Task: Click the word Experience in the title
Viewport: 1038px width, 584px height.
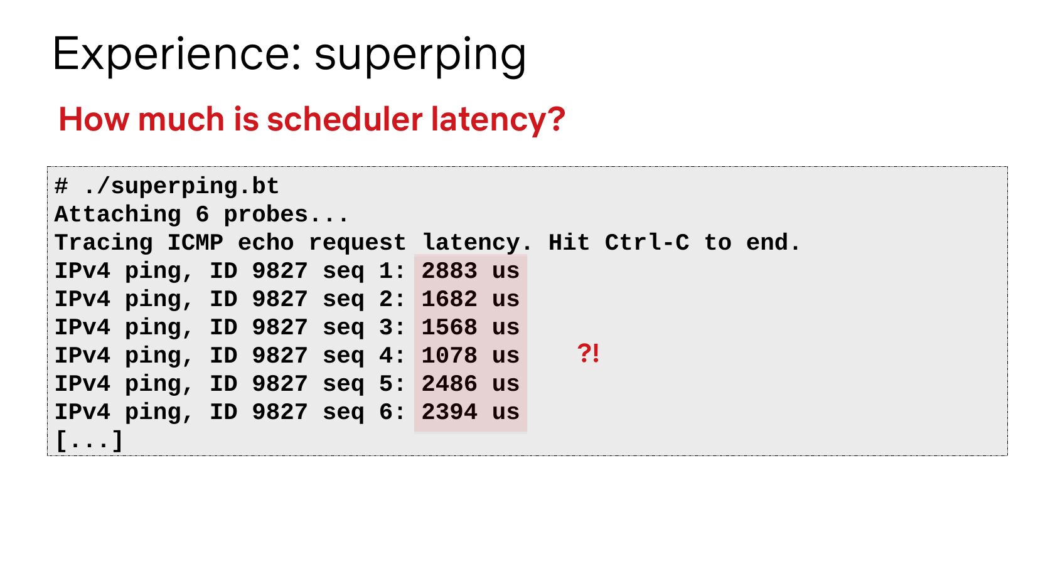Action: tap(177, 54)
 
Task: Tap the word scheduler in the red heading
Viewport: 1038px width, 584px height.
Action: tap(345, 119)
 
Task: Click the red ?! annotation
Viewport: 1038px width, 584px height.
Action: tap(588, 353)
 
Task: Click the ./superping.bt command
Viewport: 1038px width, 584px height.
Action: tap(181, 187)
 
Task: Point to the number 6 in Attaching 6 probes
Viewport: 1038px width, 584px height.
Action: tap(203, 215)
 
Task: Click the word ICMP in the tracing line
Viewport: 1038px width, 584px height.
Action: tap(195, 243)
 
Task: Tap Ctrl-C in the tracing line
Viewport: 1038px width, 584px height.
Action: tap(647, 243)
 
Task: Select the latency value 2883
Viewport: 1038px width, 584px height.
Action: tap(449, 271)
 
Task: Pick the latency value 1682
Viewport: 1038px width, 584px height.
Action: tap(449, 299)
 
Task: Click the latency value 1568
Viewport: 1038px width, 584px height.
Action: tap(449, 327)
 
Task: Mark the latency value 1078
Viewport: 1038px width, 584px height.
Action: tap(449, 356)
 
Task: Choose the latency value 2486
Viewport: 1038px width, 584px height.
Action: tap(449, 384)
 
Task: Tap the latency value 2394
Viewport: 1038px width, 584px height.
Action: tap(449, 412)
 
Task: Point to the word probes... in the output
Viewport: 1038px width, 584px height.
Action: tap(286, 215)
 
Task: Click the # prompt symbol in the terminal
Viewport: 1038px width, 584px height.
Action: tap(61, 186)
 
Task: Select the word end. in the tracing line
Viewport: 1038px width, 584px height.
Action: tap(773, 243)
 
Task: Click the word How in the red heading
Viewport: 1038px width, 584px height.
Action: tap(94, 119)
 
